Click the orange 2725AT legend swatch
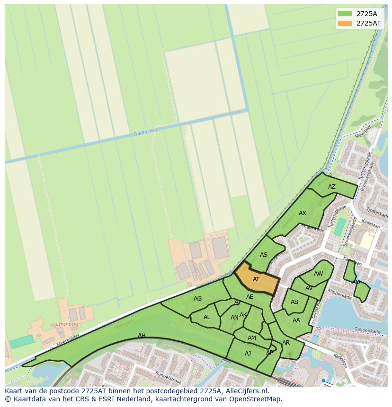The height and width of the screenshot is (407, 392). pyautogui.click(x=345, y=23)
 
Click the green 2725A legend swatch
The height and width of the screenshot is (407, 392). pyautogui.click(x=345, y=13)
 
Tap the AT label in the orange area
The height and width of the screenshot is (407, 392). pyautogui.click(x=256, y=279)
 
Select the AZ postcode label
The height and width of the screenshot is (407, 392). pyautogui.click(x=332, y=187)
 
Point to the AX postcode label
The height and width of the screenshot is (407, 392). pyautogui.click(x=303, y=213)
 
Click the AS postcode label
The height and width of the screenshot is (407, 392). pyautogui.click(x=264, y=255)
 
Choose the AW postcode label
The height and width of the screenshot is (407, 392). pyautogui.click(x=319, y=274)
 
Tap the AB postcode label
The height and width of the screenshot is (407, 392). pyautogui.click(x=294, y=302)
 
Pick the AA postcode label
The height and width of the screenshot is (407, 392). pyautogui.click(x=296, y=320)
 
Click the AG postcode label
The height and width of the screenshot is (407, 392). pyautogui.click(x=198, y=299)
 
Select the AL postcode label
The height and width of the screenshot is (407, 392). pyautogui.click(x=207, y=317)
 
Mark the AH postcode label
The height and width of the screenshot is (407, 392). pyautogui.click(x=142, y=336)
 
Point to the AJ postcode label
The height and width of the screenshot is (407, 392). pyautogui.click(x=248, y=354)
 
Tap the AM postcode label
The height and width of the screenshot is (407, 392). pyautogui.click(x=252, y=338)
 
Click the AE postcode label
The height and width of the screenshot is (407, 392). pyautogui.click(x=250, y=297)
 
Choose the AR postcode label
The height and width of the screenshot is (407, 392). pyautogui.click(x=286, y=343)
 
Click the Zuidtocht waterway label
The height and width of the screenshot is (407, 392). pyautogui.click(x=143, y=133)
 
